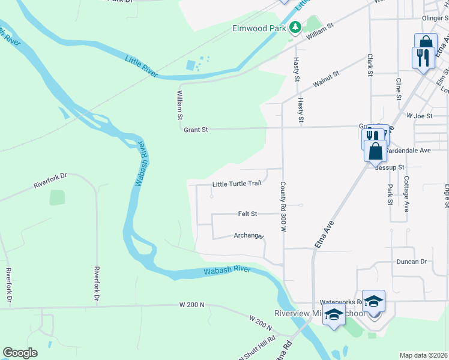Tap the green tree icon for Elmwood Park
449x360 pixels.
[295, 28]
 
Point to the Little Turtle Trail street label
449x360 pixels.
[237, 184]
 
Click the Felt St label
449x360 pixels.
[247, 214]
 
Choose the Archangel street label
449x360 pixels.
[249, 236]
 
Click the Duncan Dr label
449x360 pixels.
[411, 262]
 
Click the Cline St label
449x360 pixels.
[398, 87]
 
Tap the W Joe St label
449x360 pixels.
[420, 115]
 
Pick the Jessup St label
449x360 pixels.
[390, 167]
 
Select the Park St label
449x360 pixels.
[390, 194]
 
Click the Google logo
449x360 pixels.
[20, 353]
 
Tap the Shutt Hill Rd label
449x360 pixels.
[259, 347]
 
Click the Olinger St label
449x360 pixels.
[435, 19]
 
